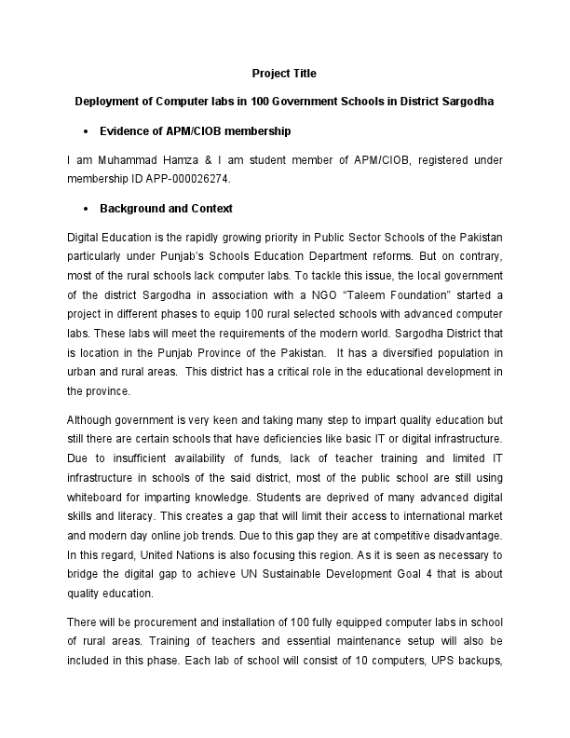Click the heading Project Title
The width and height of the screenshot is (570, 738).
pyautogui.click(x=284, y=73)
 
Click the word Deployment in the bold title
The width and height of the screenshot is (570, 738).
pyautogui.click(x=107, y=100)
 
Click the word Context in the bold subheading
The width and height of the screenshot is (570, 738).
pyautogui.click(x=211, y=209)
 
